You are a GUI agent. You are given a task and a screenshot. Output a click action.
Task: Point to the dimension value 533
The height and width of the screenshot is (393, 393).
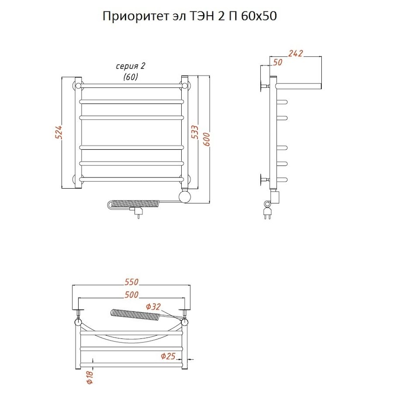pos(195,132)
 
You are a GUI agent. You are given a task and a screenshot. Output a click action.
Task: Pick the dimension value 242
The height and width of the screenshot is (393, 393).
pos(296,53)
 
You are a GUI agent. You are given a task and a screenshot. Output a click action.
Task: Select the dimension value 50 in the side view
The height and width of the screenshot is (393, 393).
pos(277,62)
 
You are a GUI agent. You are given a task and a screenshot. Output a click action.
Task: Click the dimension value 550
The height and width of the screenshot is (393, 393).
pos(131,282)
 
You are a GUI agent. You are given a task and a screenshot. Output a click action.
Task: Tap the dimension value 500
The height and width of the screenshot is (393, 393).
pos(131,295)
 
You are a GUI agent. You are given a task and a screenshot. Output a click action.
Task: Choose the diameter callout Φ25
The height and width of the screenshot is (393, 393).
pos(168,356)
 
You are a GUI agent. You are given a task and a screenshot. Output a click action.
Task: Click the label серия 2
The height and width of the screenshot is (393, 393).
pos(130,66)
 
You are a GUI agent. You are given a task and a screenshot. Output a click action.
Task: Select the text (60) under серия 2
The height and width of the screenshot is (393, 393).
pos(130,77)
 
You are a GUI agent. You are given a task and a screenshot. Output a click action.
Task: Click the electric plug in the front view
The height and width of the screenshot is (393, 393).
pos(138,213)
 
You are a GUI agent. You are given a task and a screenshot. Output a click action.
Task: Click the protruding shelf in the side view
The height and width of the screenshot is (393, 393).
pos(300,83)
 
